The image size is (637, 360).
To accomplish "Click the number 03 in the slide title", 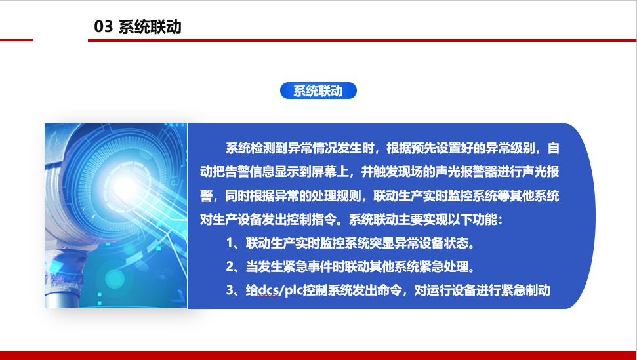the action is (x=103, y=27).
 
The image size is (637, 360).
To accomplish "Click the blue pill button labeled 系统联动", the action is (x=318, y=90).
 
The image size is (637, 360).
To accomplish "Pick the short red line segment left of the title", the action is (x=16, y=40).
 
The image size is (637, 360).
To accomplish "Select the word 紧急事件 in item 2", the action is (x=308, y=267).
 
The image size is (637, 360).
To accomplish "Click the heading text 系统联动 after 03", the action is (x=150, y=27).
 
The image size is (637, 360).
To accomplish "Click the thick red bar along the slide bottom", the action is (x=319, y=355).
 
